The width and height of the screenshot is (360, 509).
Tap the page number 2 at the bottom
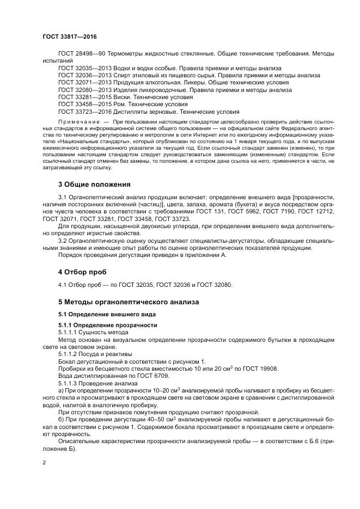coord(44,463)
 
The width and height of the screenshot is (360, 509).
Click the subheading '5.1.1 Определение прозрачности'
coord(100,325)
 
